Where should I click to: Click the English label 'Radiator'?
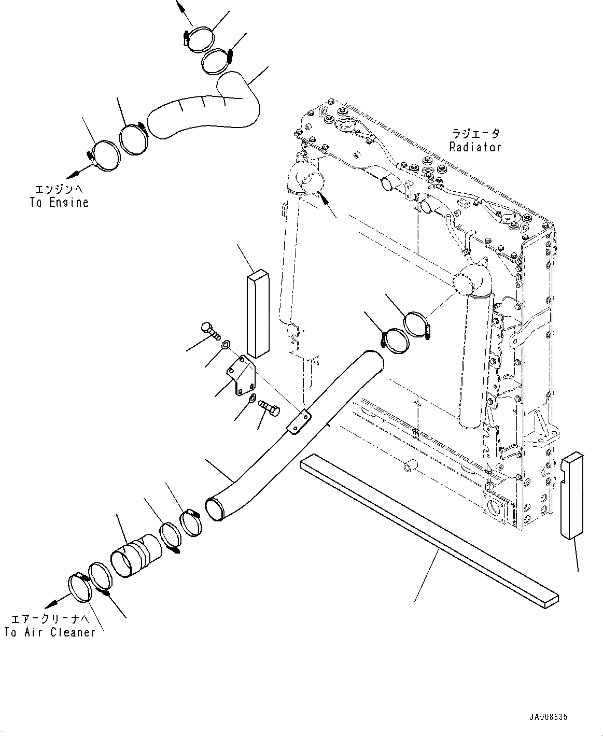click(475, 147)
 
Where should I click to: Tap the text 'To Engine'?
click(59, 202)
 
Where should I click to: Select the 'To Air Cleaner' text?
click(50, 632)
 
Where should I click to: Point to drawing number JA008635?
click(549, 717)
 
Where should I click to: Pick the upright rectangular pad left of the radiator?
click(257, 315)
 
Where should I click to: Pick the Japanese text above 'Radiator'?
click(475, 134)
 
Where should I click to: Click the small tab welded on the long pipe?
click(299, 420)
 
